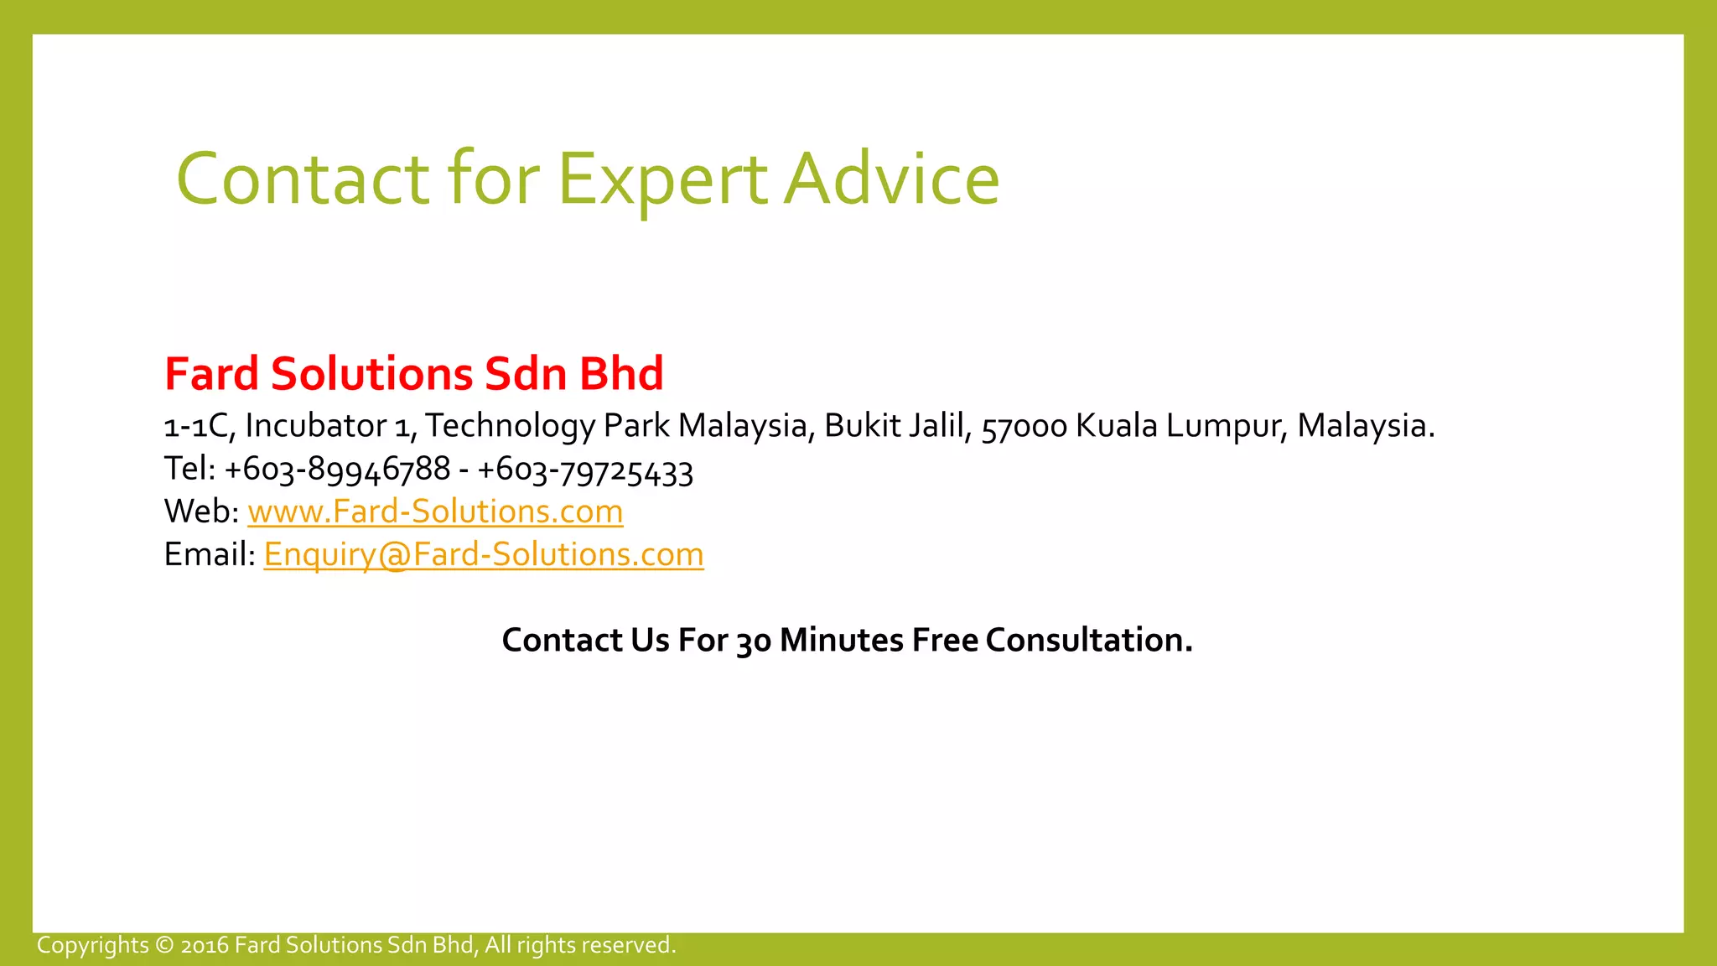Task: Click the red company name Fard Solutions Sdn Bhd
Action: tap(414, 374)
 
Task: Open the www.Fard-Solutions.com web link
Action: tap(435, 512)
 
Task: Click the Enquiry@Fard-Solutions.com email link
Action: tap(484, 554)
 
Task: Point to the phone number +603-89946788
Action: tap(337, 469)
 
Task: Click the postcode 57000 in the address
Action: tap(1024, 427)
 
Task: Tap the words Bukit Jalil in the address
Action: tap(897, 426)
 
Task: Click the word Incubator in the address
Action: tap(315, 426)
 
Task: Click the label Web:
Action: tap(201, 512)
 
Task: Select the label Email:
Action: tap(210, 554)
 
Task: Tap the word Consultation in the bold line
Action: tap(1088, 640)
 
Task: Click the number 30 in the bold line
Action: tap(753, 641)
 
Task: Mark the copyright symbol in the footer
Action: tap(164, 945)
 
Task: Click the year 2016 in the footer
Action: tap(205, 946)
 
